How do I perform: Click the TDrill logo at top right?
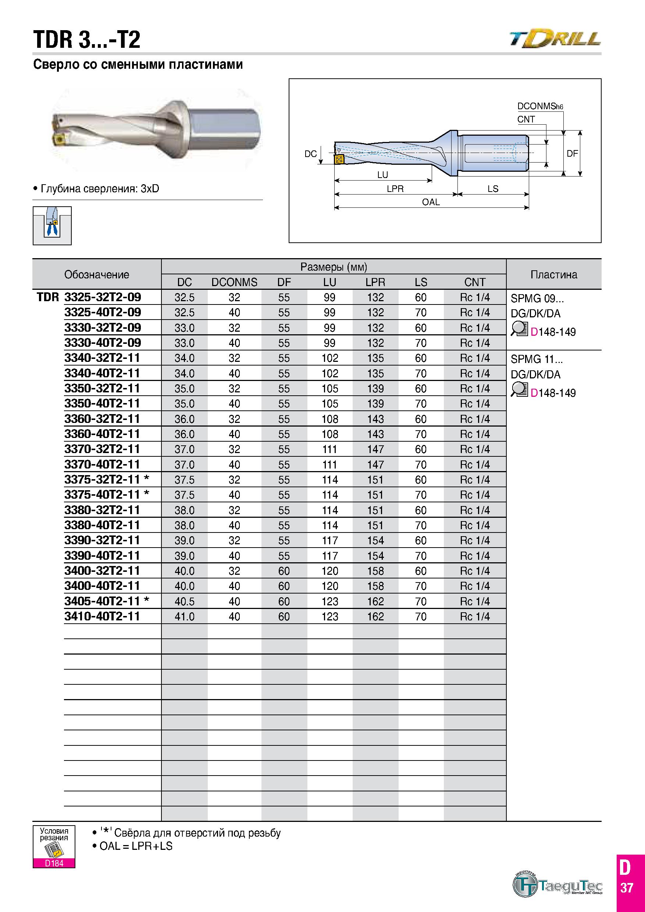pyautogui.click(x=555, y=39)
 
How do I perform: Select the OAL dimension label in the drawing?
pyautogui.click(x=431, y=202)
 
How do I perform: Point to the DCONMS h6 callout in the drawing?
pyautogui.click(x=540, y=106)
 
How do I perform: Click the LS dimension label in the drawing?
pyautogui.click(x=493, y=189)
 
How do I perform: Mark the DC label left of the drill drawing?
pyautogui.click(x=311, y=154)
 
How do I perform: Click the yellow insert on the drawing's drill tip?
pyautogui.click(x=339, y=160)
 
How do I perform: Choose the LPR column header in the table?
pyautogui.click(x=375, y=282)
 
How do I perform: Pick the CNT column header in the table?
pyautogui.click(x=475, y=282)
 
